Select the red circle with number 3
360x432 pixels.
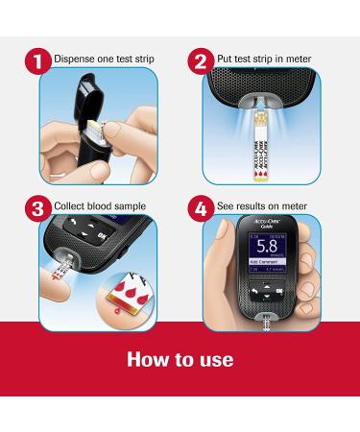(x=38, y=205)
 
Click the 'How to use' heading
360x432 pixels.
(x=180, y=360)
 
